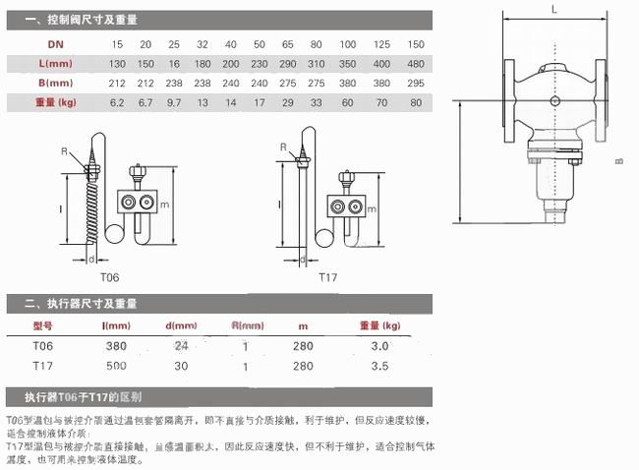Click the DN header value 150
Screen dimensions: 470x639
415,45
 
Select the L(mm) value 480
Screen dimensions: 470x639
415,64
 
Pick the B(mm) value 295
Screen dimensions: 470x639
415,83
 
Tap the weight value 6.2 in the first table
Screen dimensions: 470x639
117,101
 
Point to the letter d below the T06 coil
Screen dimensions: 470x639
90,260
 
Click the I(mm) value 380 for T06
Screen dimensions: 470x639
117,345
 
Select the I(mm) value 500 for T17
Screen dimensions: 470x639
117,365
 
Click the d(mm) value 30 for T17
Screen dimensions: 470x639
181,365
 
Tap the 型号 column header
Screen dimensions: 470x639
42,325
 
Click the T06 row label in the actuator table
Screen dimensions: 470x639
42,345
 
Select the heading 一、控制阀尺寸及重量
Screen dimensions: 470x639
82,19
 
